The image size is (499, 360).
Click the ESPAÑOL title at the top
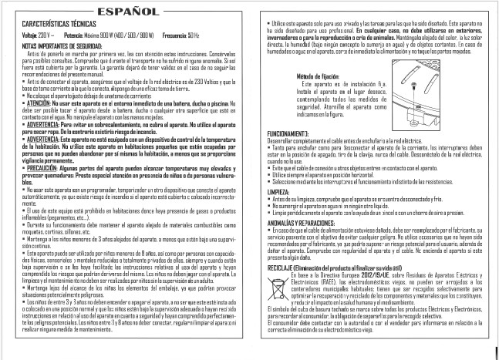(125, 12)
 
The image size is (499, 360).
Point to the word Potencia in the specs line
(75, 35)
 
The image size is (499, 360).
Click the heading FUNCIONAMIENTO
(289, 133)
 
